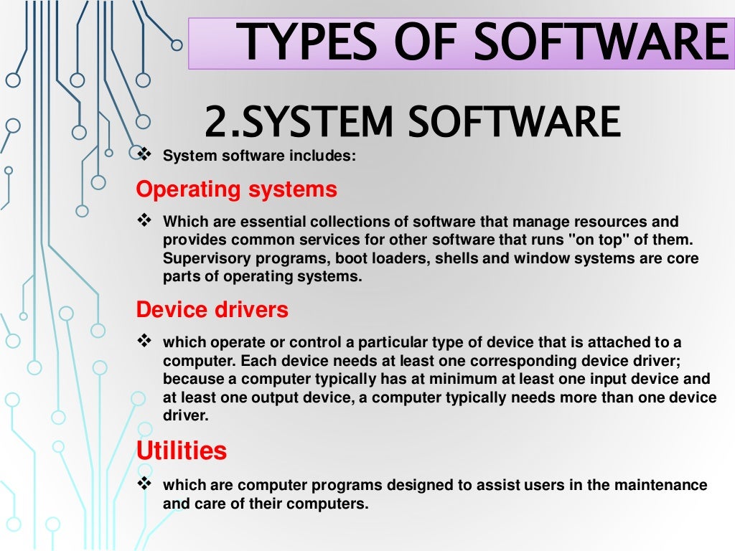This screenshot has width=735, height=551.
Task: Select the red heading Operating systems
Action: pos(236,189)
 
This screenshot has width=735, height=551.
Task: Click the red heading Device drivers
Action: pos(212,310)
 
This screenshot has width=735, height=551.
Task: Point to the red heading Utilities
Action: pos(182,451)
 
